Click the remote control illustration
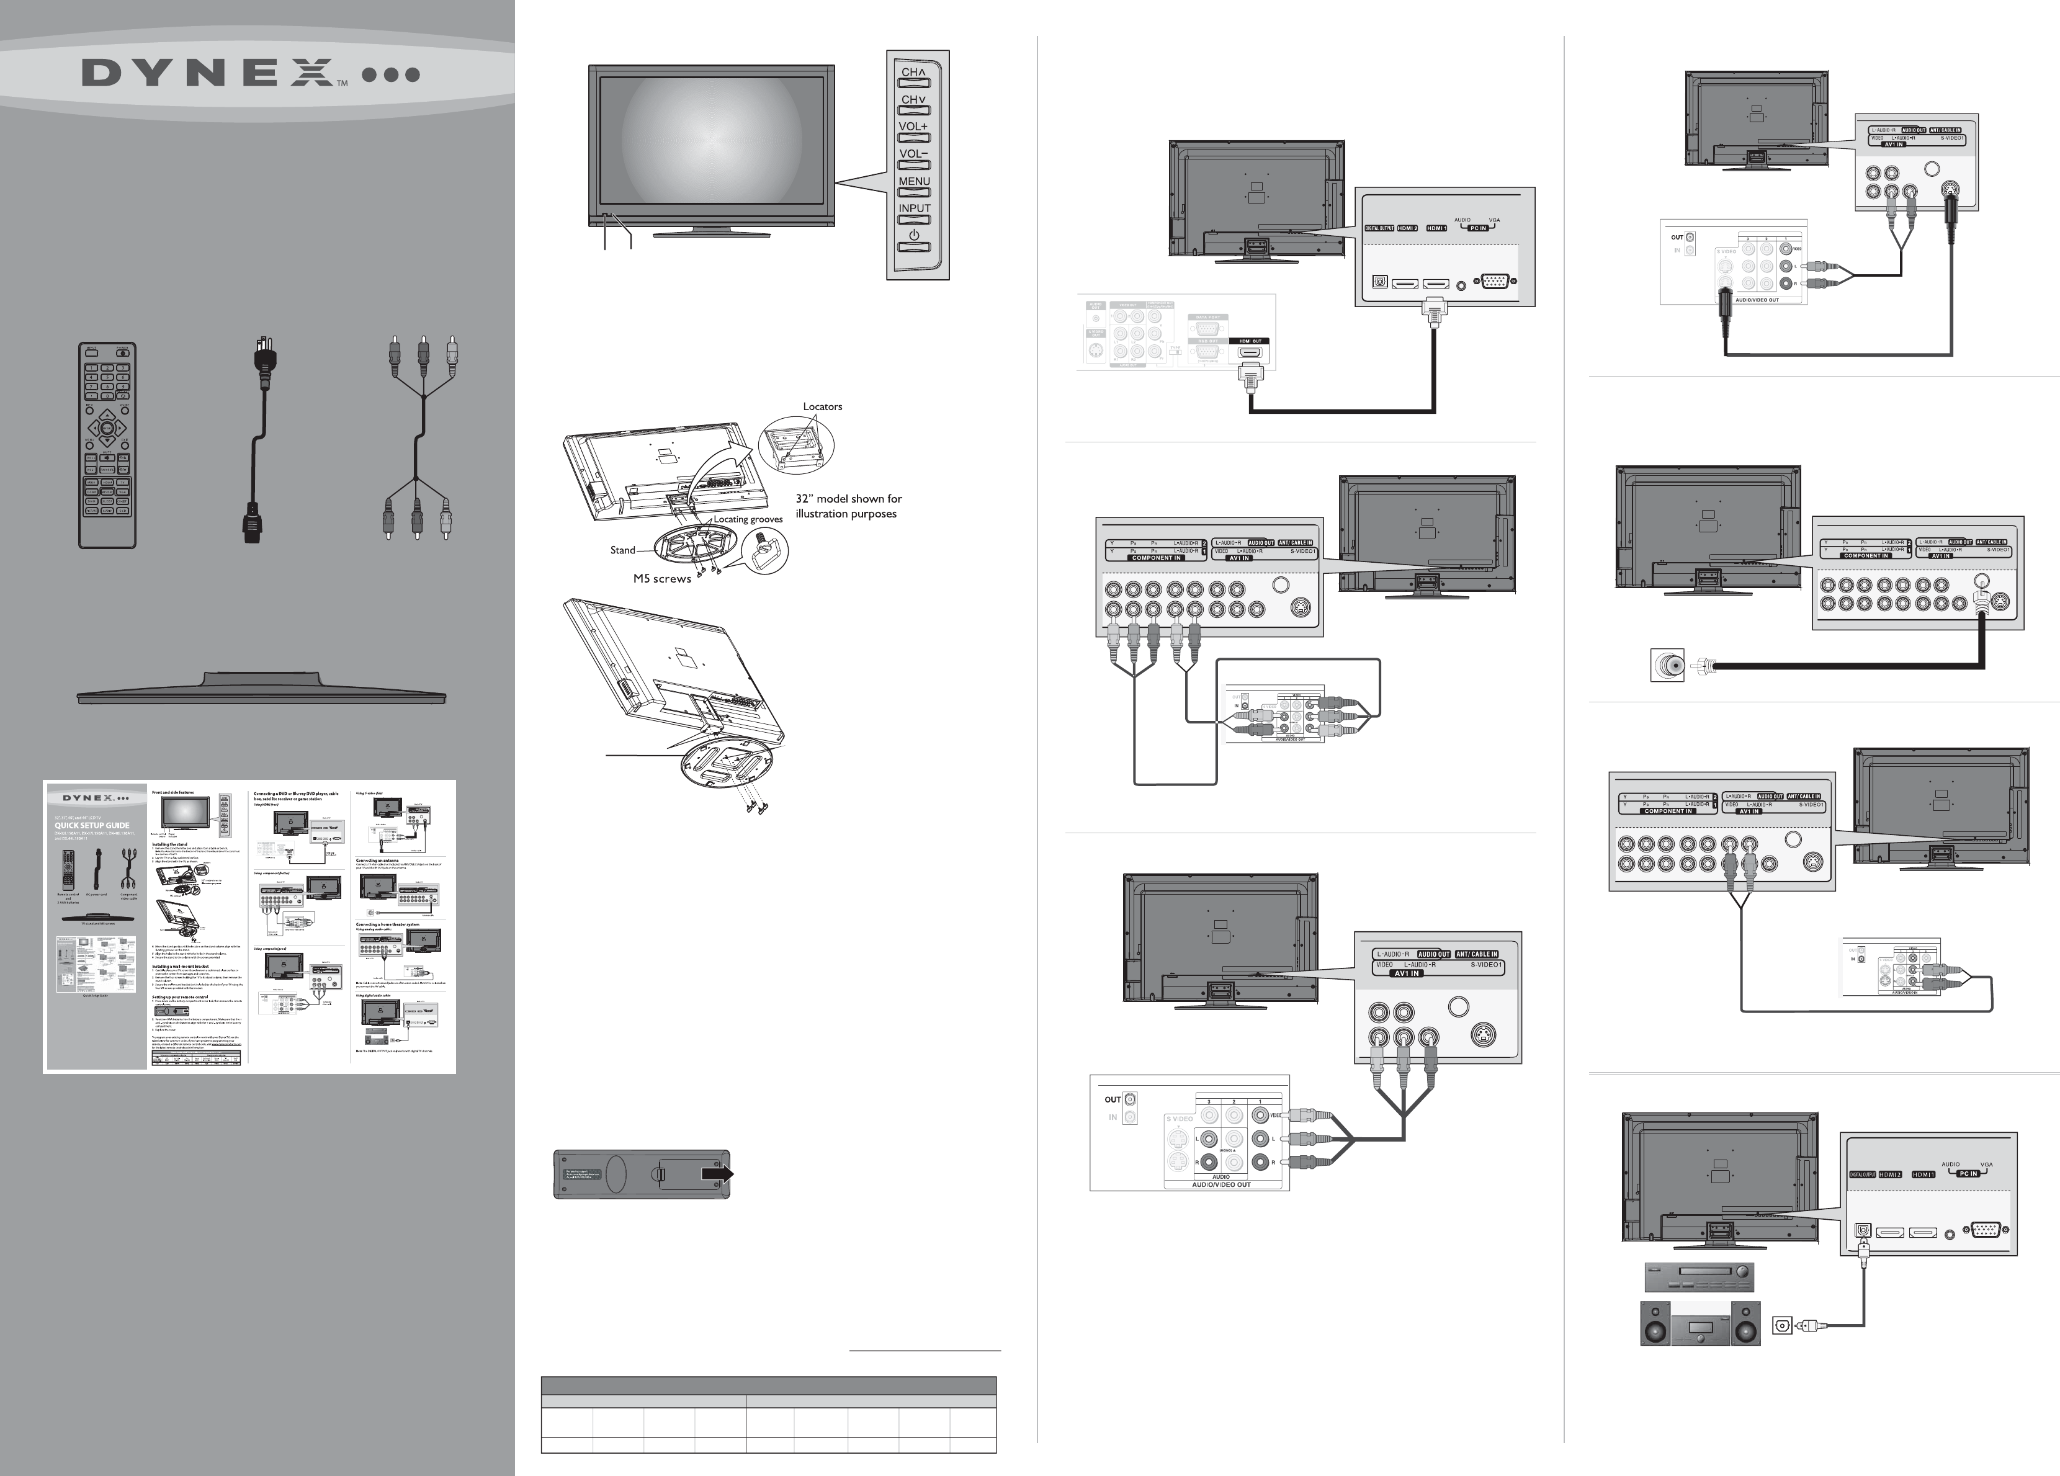tap(107, 445)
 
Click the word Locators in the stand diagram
tap(822, 406)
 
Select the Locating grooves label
tap(748, 519)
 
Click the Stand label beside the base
tap(622, 550)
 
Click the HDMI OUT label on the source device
tap(1251, 341)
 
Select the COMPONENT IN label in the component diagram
tap(1156, 558)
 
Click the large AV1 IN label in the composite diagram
tap(1407, 973)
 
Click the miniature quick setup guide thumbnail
tap(250, 926)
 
